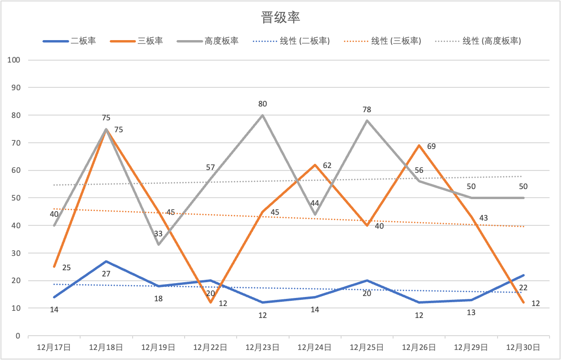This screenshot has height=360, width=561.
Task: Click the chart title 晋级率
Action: pyautogui.click(x=280, y=18)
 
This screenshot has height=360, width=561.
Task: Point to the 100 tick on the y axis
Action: pyautogui.click(x=14, y=60)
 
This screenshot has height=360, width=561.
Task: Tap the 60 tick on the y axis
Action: pyautogui.click(x=16, y=170)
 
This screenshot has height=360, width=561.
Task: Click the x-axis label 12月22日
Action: pyautogui.click(x=210, y=347)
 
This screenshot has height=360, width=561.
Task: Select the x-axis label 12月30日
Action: pyautogui.click(x=523, y=347)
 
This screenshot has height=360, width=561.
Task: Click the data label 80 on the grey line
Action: pyautogui.click(x=262, y=104)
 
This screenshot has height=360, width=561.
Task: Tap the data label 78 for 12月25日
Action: pyautogui.click(x=366, y=109)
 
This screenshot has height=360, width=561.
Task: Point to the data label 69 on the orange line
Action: pyautogui.click(x=432, y=146)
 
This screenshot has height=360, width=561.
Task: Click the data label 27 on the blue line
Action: pyautogui.click(x=106, y=274)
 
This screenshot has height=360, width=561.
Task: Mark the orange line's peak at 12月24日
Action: pyautogui.click(x=315, y=165)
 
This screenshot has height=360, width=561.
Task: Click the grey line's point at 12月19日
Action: pyautogui.click(x=158, y=245)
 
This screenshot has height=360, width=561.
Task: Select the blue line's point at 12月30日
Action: pyautogui.click(x=523, y=275)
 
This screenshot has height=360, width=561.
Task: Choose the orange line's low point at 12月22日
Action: pyautogui.click(x=210, y=303)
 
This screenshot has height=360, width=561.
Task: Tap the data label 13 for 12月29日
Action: pyautogui.click(x=471, y=312)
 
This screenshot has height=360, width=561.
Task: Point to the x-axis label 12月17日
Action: pyautogui.click(x=54, y=347)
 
